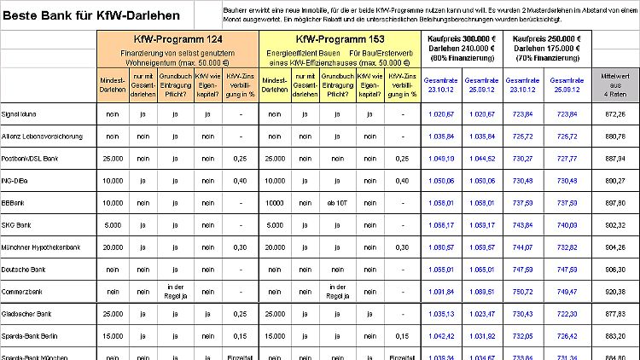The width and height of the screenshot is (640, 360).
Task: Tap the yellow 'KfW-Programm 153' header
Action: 340,39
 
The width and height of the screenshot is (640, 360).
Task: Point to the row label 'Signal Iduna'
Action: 24,113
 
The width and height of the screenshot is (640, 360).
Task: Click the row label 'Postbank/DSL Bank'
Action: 35,159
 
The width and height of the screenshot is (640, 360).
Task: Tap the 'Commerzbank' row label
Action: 25,291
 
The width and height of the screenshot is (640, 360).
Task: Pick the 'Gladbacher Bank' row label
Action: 31,313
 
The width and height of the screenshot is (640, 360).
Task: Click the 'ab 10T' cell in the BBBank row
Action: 336,203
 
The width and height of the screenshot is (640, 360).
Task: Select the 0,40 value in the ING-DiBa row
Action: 241,181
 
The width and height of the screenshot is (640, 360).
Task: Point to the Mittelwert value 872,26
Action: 614,113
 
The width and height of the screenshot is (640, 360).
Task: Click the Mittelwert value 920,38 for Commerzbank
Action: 614,291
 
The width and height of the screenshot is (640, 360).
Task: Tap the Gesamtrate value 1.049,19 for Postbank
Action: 444,159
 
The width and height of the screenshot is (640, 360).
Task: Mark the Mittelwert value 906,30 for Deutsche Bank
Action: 614,269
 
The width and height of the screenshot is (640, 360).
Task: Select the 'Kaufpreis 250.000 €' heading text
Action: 544,39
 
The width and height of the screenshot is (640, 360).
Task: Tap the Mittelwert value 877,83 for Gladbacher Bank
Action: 614,313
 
